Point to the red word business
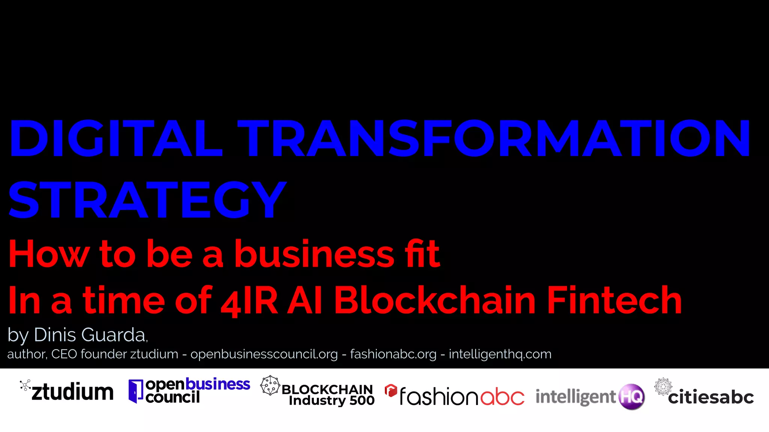[x=314, y=254]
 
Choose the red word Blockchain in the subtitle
[x=435, y=300]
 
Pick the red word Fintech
[x=614, y=300]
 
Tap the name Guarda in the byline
[x=114, y=334]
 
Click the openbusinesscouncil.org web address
[x=264, y=354]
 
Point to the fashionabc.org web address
[x=393, y=354]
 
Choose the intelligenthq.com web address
[x=500, y=354]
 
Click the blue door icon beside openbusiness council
[x=136, y=391]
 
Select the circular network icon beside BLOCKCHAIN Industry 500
[x=270, y=385]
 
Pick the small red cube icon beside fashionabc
[x=391, y=390]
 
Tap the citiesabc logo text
[x=710, y=397]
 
